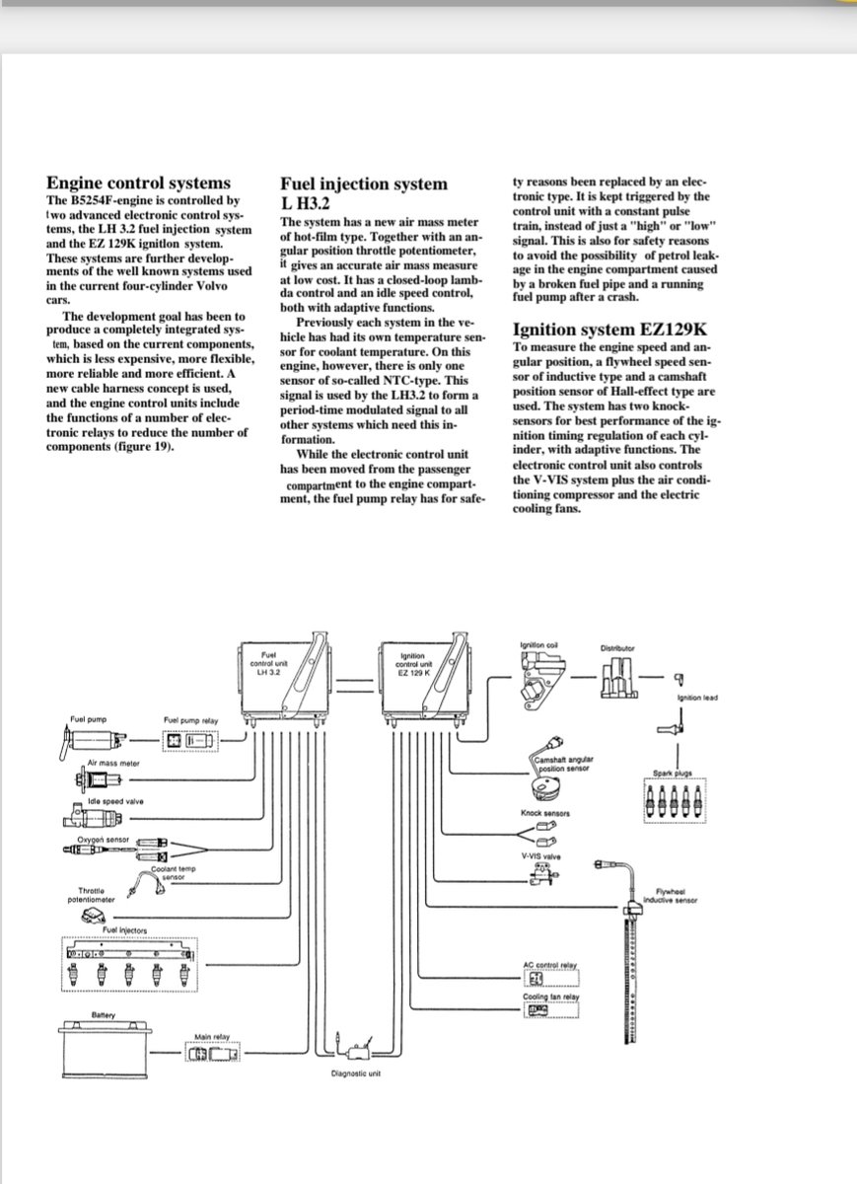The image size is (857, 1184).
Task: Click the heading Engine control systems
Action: (x=138, y=183)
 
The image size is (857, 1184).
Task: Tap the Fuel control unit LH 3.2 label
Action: (x=269, y=662)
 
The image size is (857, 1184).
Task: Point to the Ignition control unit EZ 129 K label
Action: (x=412, y=662)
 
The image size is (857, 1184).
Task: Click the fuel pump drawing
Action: (x=96, y=739)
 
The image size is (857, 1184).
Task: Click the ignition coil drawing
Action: (x=537, y=679)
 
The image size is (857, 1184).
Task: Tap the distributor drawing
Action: (x=618, y=679)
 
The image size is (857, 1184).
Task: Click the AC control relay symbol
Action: (x=537, y=978)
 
